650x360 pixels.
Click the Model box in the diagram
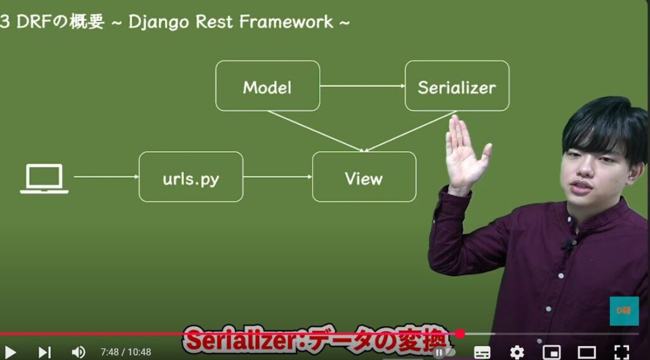[x=267, y=86]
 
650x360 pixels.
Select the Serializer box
[x=457, y=86]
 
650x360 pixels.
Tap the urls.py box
[x=190, y=177]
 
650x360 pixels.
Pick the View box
[x=364, y=177]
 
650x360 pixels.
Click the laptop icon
[x=44, y=178]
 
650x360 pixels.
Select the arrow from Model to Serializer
[x=362, y=86]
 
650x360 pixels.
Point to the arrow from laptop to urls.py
[x=106, y=177]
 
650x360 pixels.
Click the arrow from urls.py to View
[x=278, y=177]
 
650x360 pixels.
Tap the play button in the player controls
[x=10, y=352]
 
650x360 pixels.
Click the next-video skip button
[x=44, y=352]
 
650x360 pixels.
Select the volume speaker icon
[x=78, y=352]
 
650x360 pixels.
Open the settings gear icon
[x=517, y=352]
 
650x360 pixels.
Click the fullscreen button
[x=621, y=352]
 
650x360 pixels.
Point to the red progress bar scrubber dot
[x=460, y=333]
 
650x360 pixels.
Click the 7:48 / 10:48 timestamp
[x=126, y=352]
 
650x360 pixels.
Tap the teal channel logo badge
[x=624, y=310]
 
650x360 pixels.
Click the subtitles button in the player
[x=482, y=352]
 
